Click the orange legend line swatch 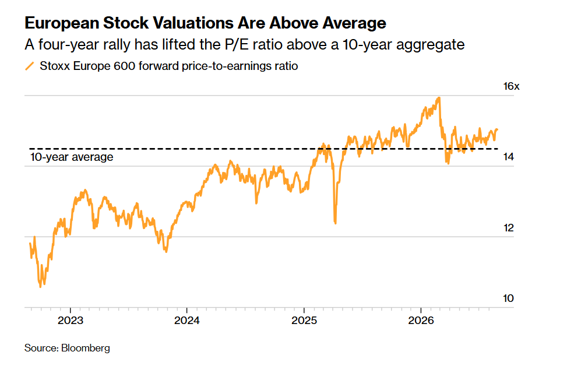(29, 66)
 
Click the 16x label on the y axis (511, 86)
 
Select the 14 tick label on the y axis (509, 157)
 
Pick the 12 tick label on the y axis (509, 228)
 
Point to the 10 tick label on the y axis (509, 299)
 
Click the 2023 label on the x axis (71, 321)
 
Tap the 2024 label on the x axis (186, 321)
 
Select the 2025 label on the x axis (304, 321)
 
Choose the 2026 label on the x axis (421, 321)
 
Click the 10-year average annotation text (72, 157)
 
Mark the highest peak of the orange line (439, 98)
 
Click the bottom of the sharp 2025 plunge (335, 223)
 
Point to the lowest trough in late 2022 (40, 286)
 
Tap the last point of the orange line (497, 129)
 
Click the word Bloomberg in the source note (86, 348)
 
